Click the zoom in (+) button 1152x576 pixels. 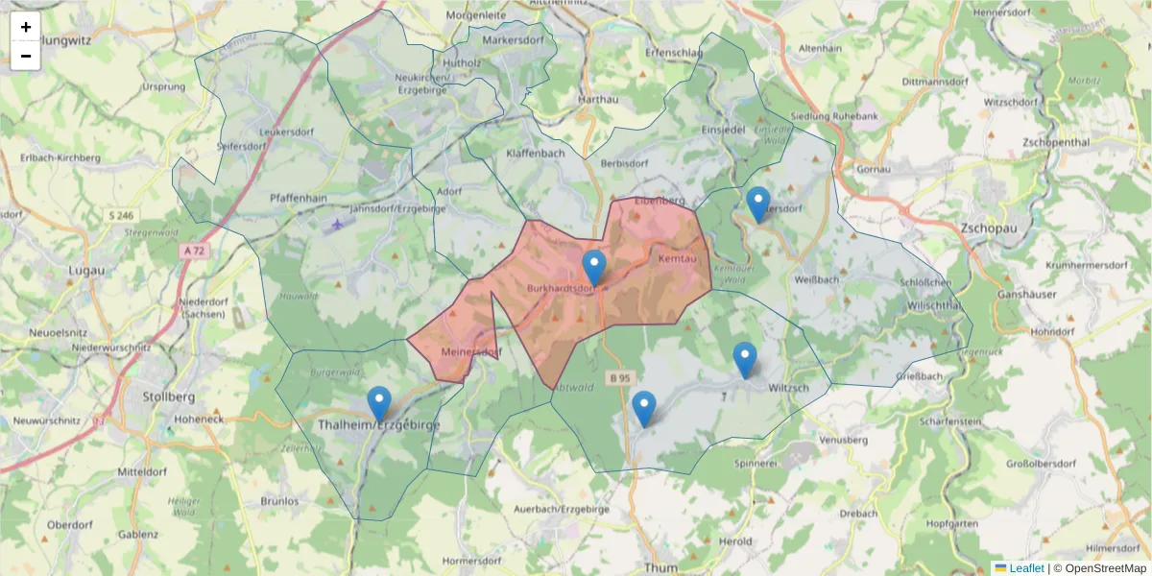26,27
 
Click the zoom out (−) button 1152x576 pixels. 26,56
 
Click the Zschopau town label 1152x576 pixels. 992,228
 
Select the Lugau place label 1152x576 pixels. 86,272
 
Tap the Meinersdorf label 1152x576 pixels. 471,352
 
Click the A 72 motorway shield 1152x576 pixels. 193,252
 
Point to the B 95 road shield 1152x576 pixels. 619,378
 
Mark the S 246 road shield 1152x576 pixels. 121,216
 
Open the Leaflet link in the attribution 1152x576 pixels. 1025,568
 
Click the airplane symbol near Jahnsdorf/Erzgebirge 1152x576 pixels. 336,226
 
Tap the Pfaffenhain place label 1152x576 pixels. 299,198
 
